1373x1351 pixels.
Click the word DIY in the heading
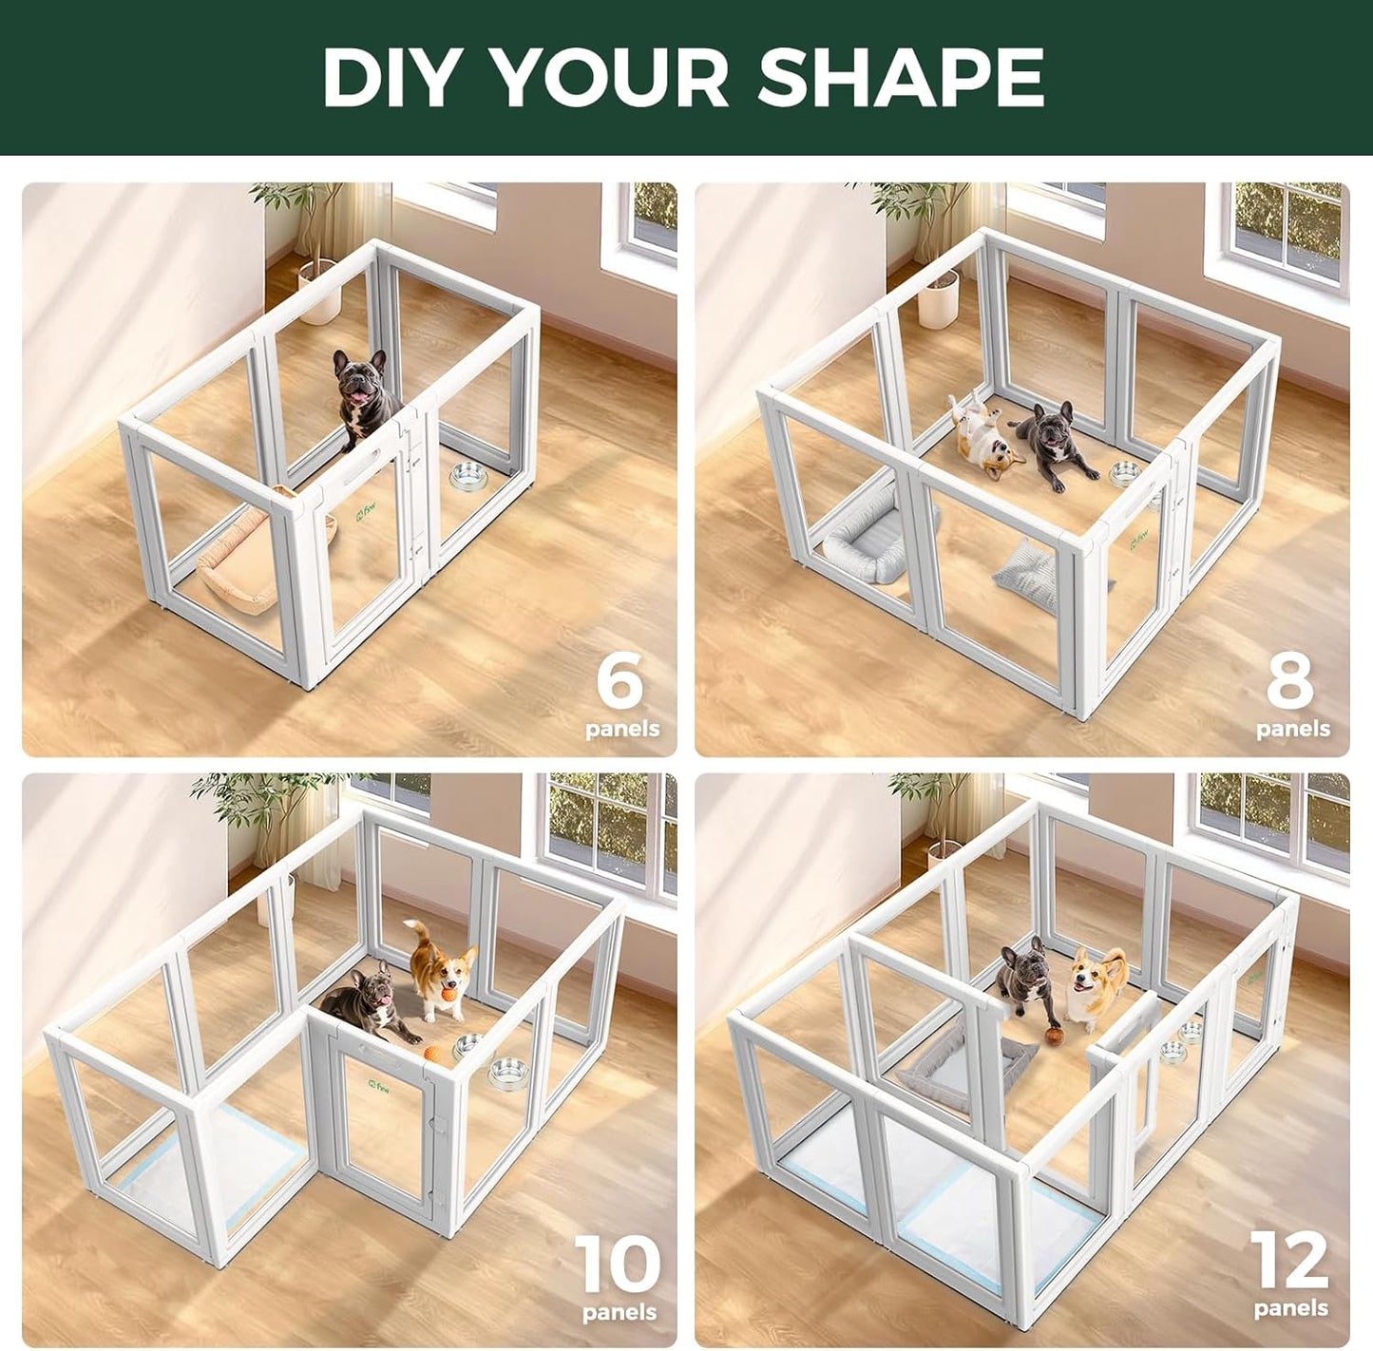click(397, 77)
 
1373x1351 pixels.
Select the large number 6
click(620, 680)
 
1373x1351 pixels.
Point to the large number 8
click(1290, 680)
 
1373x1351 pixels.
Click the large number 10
click(618, 1264)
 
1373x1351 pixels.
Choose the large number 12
click(1288, 1261)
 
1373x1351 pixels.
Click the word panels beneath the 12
click(1290, 1308)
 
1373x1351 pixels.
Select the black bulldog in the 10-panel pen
click(366, 1002)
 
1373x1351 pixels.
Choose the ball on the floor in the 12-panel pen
click(1054, 1036)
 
